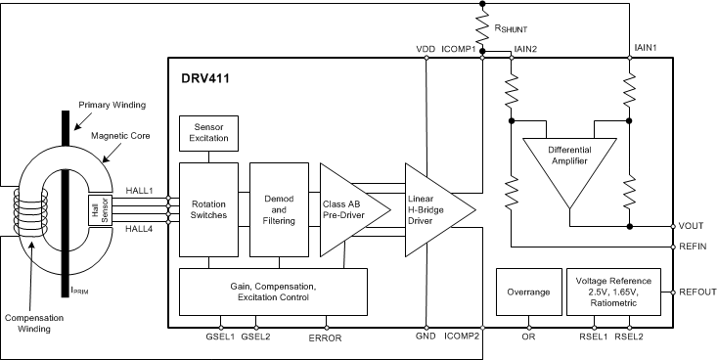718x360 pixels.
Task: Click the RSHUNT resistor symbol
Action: point(483,25)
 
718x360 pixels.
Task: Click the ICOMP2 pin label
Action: point(462,335)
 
